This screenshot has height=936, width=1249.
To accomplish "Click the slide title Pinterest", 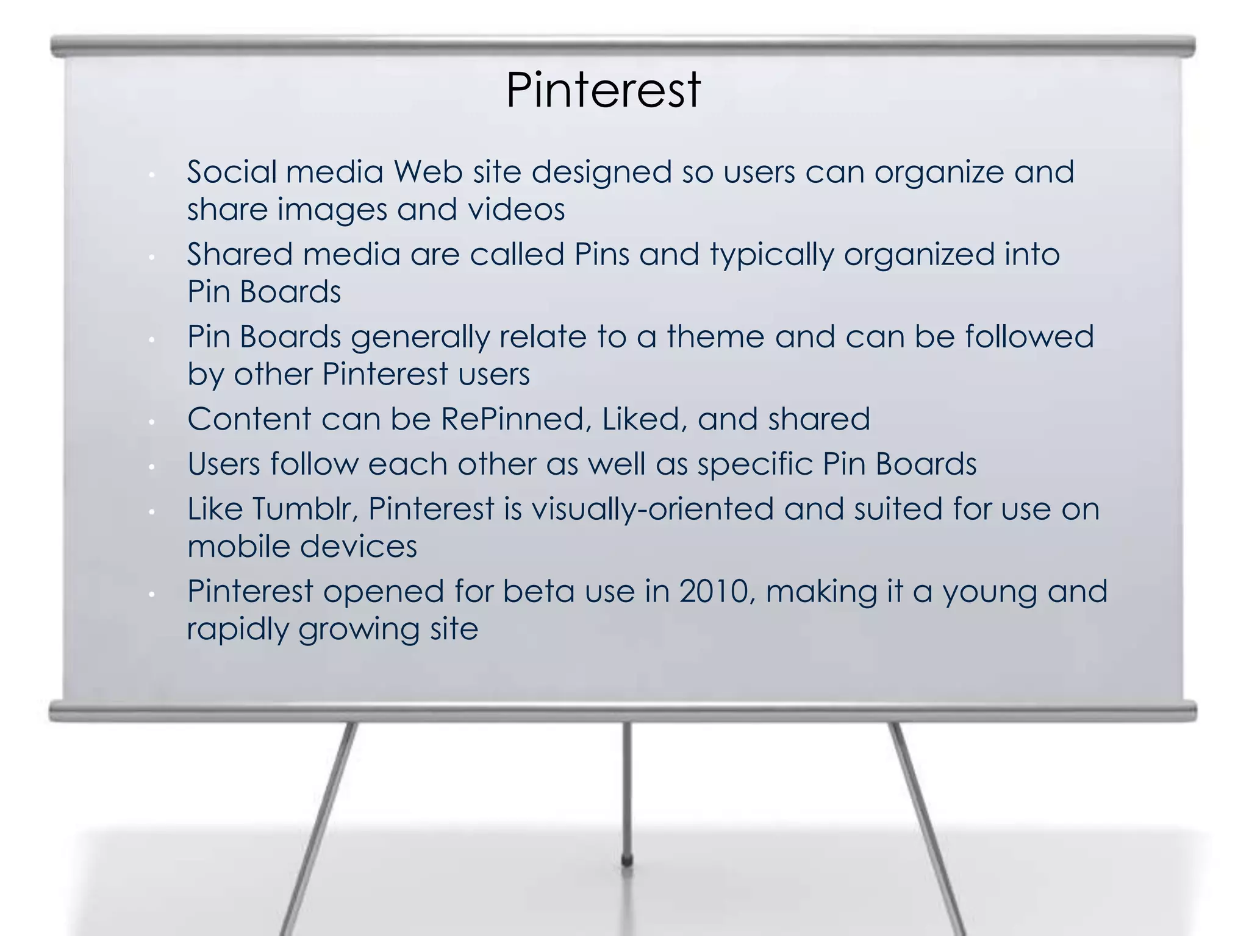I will click(603, 90).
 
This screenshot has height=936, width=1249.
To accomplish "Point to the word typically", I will click(771, 255).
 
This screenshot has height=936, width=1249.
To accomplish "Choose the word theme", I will click(715, 336).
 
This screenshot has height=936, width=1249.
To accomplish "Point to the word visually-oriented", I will click(653, 509).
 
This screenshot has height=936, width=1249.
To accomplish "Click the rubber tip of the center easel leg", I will click(626, 860).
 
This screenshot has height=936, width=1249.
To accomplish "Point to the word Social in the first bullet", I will click(232, 172).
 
